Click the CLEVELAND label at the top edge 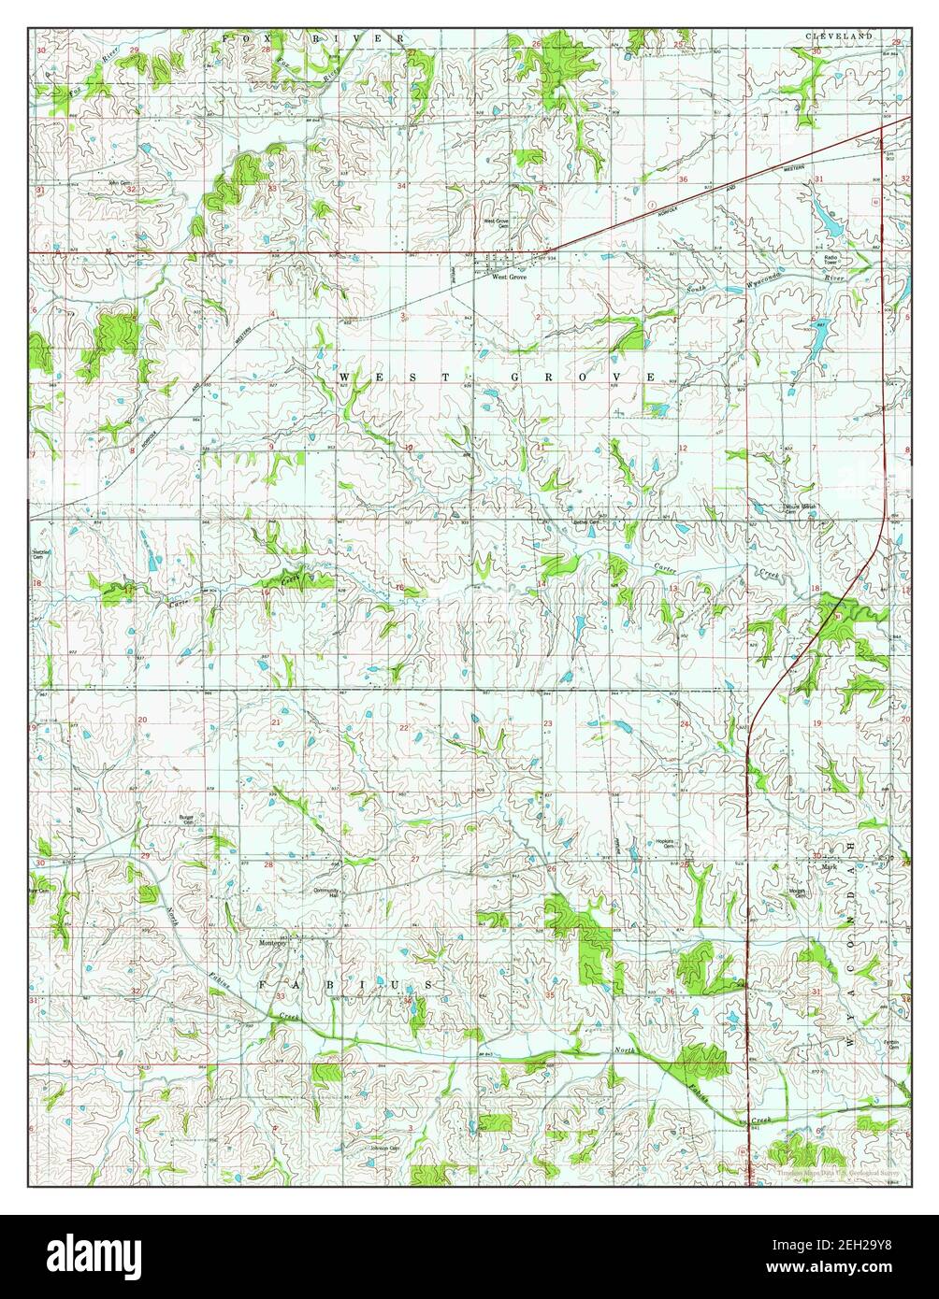click(839, 36)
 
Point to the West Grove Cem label click(495, 224)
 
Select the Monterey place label click(276, 943)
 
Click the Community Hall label click(326, 892)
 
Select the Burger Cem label click(185, 820)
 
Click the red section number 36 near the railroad click(684, 179)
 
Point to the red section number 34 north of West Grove click(402, 186)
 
